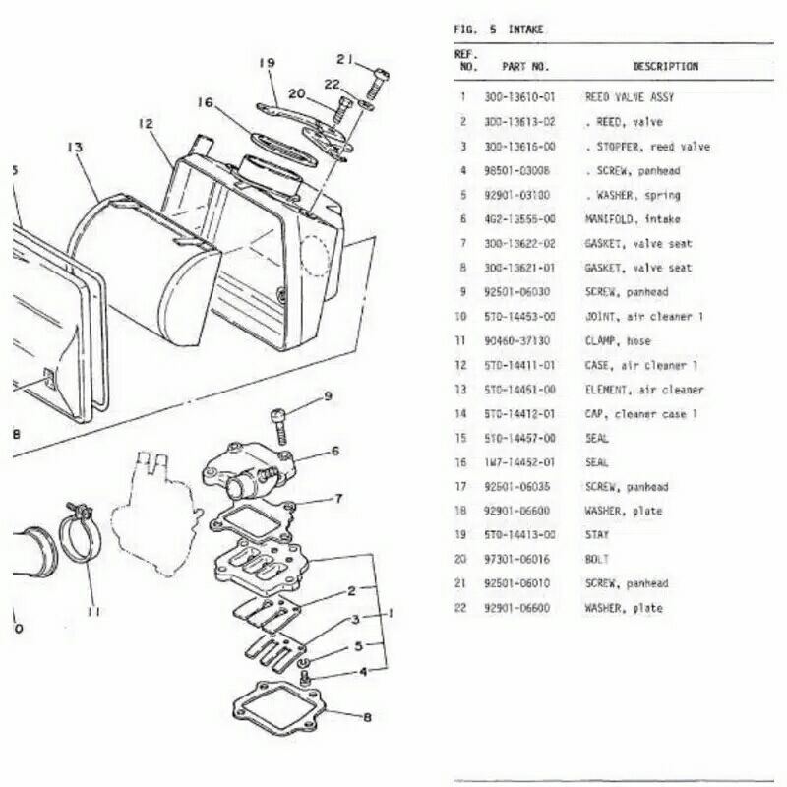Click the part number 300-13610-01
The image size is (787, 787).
(x=519, y=97)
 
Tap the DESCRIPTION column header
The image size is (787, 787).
(x=665, y=67)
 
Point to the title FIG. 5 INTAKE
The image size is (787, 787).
(x=498, y=30)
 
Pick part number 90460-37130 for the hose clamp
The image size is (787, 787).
(x=519, y=341)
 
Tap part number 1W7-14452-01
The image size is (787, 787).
(x=519, y=462)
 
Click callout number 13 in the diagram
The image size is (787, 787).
(x=74, y=148)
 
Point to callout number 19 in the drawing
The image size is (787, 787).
(x=266, y=64)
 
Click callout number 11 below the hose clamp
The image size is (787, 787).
(x=93, y=611)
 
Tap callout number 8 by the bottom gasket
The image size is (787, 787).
(x=366, y=717)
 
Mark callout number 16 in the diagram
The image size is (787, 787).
(x=204, y=102)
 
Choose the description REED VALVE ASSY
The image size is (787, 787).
(x=630, y=97)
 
